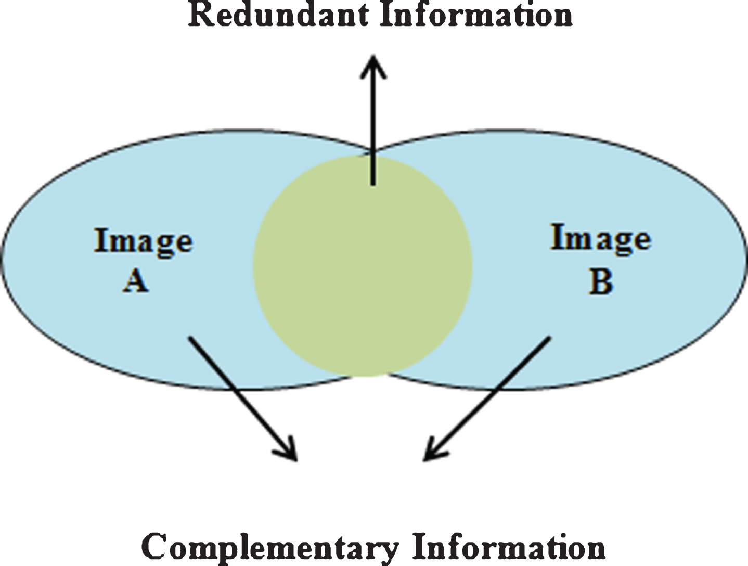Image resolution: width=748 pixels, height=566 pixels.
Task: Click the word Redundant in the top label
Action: point(278,15)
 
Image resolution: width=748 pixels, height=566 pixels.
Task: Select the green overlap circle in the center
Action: point(362,266)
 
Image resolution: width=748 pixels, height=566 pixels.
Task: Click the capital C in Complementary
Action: point(156,547)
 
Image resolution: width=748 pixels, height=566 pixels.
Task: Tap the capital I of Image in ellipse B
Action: point(557,237)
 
